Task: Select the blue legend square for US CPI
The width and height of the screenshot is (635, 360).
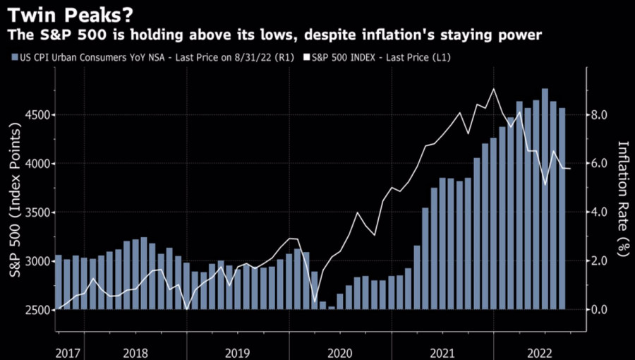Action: click(x=14, y=57)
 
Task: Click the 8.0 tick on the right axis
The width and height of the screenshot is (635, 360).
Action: click(x=600, y=114)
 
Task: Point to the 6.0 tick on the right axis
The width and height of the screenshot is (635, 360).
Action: click(x=600, y=163)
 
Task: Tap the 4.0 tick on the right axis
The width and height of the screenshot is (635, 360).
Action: click(x=600, y=212)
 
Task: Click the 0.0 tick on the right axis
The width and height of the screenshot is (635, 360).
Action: click(x=600, y=310)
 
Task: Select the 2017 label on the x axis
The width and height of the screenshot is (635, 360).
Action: click(x=67, y=351)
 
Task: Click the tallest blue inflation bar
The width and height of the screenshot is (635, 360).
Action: click(x=545, y=198)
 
